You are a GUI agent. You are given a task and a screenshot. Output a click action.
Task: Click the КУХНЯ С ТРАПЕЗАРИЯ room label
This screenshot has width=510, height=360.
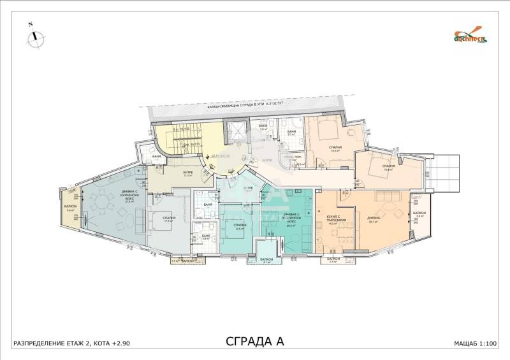(333, 220)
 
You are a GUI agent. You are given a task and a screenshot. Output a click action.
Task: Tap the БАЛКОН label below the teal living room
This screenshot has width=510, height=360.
(268, 259)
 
